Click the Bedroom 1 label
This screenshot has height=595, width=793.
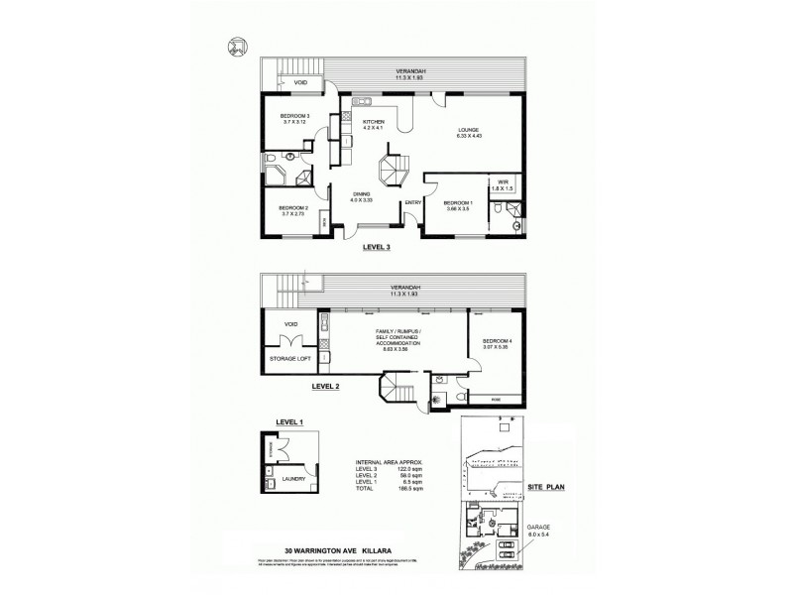coord(458,204)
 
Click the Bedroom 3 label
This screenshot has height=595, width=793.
coord(282,119)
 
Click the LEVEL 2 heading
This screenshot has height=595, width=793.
coord(326,387)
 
